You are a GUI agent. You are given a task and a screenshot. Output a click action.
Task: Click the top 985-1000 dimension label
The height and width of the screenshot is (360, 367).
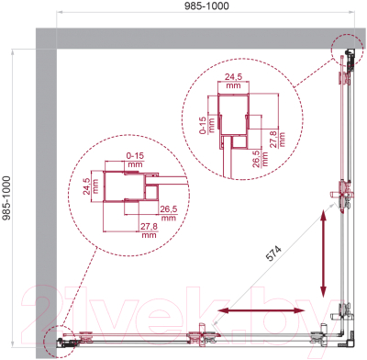tap(206, 6)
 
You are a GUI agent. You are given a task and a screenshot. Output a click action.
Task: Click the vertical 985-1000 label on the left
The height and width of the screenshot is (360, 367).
tap(6, 197)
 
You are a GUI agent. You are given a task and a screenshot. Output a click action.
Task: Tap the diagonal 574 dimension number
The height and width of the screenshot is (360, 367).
tap(273, 253)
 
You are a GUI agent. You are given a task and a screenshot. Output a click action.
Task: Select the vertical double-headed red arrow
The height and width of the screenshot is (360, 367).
tap(323, 253)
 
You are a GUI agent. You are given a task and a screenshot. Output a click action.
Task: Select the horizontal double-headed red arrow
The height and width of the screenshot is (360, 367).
tap(261, 310)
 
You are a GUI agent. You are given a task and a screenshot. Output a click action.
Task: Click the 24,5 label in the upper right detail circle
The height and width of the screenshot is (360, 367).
tap(233, 76)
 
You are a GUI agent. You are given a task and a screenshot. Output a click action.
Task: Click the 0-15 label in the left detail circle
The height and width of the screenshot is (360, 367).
tap(135, 156)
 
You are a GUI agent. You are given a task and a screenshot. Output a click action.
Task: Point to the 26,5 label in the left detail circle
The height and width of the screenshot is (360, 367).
tap(169, 209)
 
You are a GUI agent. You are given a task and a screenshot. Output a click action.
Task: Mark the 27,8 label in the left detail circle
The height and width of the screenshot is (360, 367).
tap(149, 227)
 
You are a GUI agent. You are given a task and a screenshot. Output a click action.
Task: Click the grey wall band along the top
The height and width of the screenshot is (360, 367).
tap(200, 39)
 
